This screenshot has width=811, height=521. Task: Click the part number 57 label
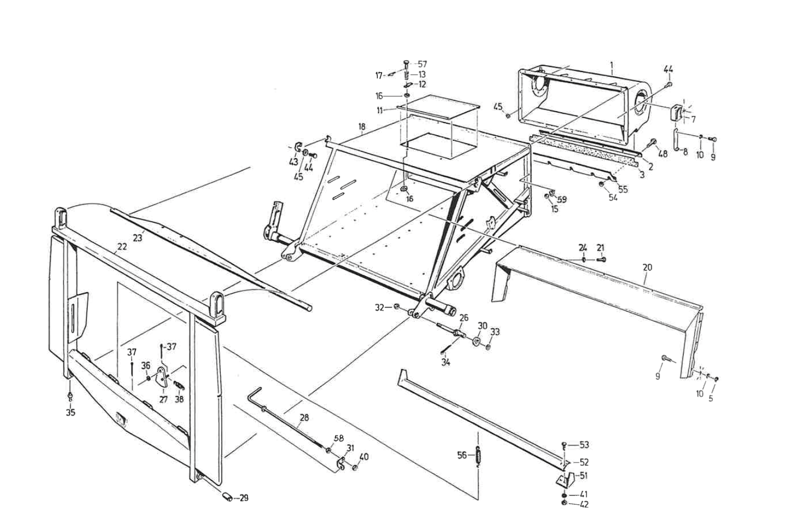click(422, 64)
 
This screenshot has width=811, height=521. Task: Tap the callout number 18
click(362, 127)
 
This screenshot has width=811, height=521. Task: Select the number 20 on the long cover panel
click(647, 267)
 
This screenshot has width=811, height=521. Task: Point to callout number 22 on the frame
click(122, 246)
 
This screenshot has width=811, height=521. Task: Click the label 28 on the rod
click(304, 418)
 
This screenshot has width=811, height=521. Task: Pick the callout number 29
click(244, 498)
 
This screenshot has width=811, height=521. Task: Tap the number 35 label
click(70, 412)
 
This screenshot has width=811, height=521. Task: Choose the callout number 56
click(462, 455)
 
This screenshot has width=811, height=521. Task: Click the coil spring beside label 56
click(476, 455)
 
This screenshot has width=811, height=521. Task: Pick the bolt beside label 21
click(601, 259)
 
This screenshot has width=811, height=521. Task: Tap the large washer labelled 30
click(477, 341)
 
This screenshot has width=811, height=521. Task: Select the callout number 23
click(137, 238)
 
